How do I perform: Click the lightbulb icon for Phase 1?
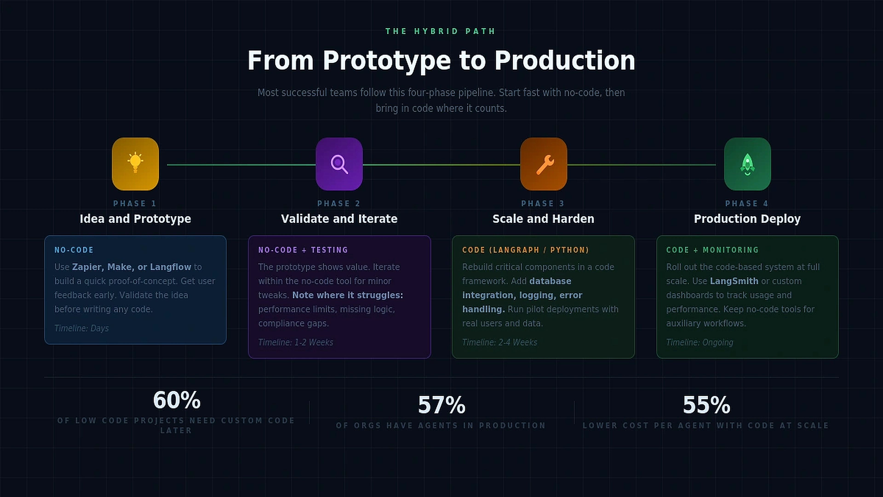135,164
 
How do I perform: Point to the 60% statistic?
177,400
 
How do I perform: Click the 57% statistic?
441,405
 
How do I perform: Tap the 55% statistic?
706,405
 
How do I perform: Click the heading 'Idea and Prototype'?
135,219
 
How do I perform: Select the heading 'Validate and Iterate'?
339,219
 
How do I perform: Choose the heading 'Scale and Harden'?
543,219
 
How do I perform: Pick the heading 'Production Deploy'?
747,219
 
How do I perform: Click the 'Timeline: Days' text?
82,328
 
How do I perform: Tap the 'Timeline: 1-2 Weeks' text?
295,342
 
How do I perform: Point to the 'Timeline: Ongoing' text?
700,342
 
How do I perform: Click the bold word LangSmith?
734,281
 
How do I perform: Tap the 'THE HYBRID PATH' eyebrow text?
441,31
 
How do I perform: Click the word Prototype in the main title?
387,61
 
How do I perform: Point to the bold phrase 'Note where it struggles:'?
348,295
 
